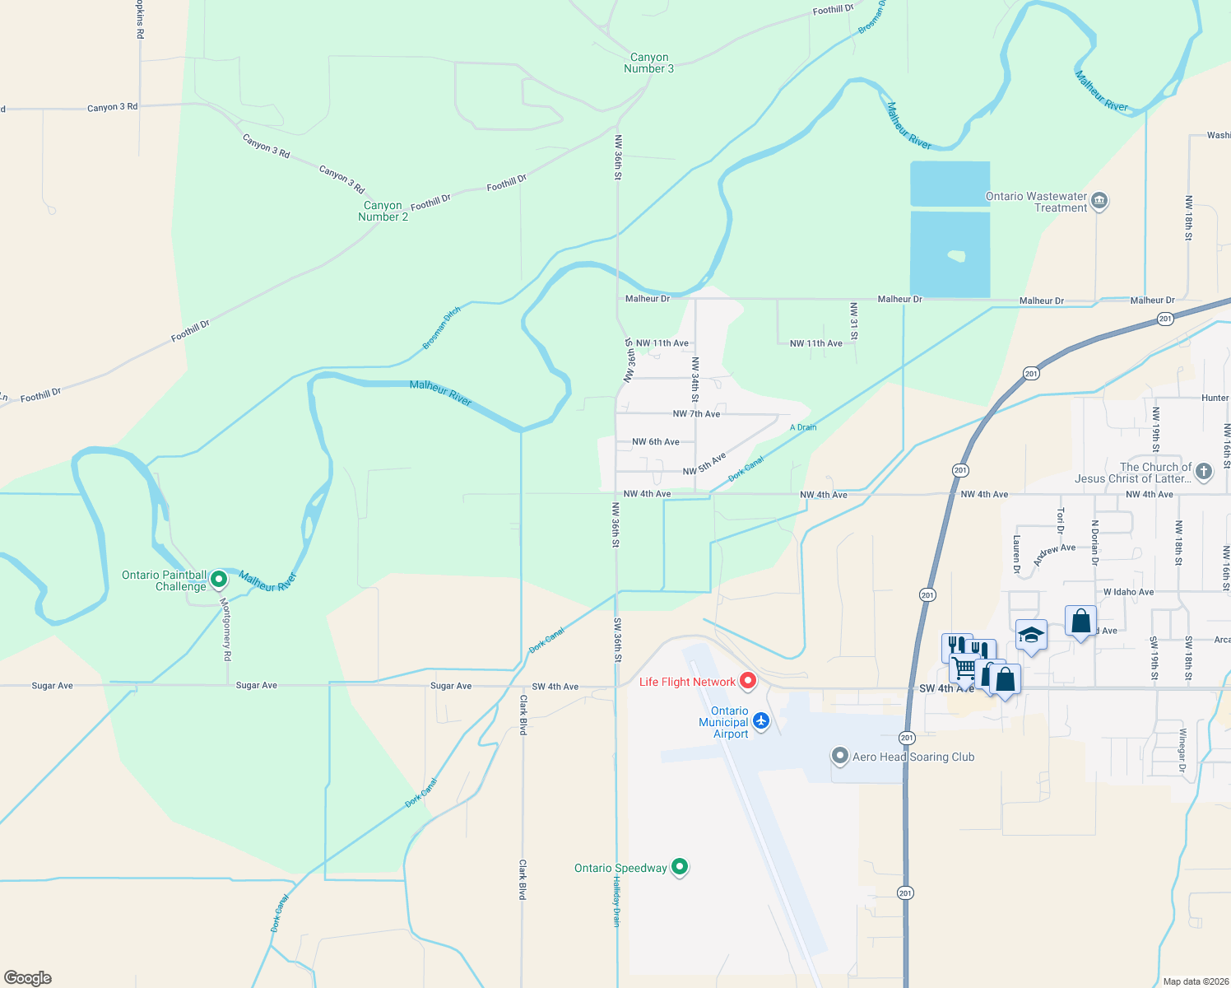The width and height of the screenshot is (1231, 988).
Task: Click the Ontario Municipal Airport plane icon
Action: click(x=760, y=721)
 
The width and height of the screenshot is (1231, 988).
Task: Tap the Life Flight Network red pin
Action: click(x=748, y=681)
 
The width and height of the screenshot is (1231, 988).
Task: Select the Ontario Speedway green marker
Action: click(x=680, y=867)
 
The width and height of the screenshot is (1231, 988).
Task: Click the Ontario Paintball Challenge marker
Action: click(x=219, y=580)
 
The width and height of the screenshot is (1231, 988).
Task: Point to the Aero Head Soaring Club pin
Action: click(x=839, y=756)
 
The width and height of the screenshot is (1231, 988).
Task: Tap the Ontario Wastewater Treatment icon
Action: click(x=1099, y=201)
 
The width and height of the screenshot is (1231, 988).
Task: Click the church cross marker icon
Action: click(x=1203, y=472)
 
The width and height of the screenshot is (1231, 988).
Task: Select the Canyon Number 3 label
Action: click(x=648, y=63)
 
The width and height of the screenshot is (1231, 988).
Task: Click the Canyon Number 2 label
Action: click(x=383, y=212)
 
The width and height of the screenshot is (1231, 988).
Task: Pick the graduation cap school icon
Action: click(x=1031, y=635)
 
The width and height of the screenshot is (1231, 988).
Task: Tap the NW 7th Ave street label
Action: click(x=696, y=414)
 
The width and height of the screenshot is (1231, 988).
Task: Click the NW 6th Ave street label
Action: click(x=656, y=442)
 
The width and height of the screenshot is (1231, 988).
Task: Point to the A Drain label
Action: click(x=803, y=427)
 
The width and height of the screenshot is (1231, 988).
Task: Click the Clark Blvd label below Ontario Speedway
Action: click(x=523, y=879)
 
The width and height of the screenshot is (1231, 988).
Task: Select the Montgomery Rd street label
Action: click(x=228, y=629)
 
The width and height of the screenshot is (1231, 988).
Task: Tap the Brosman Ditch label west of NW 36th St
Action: click(x=442, y=328)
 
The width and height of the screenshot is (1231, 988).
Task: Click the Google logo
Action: click(x=28, y=978)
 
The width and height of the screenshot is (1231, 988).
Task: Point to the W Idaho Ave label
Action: click(x=1128, y=592)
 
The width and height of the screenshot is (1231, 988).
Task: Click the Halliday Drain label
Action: click(x=615, y=901)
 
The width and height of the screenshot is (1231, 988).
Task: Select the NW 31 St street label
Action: click(x=854, y=321)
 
